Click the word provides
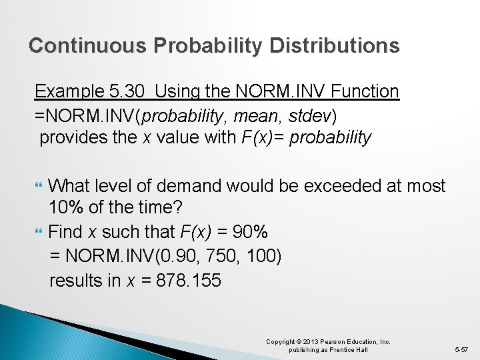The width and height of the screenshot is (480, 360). pyautogui.click(x=72, y=138)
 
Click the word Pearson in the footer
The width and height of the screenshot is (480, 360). pyautogui.click(x=325, y=342)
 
